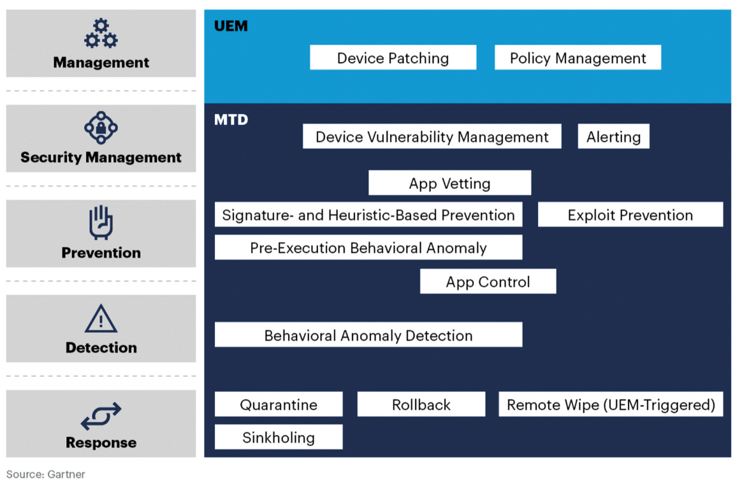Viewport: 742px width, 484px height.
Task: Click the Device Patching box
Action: [x=393, y=58]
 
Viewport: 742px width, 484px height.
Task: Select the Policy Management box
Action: [x=578, y=58]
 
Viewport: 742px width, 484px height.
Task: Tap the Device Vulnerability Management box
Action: [x=432, y=136]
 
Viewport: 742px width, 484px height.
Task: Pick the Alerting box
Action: [x=613, y=136]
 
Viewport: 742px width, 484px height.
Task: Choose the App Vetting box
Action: [x=449, y=183]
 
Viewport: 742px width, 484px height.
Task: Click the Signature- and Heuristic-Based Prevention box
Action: [x=368, y=215]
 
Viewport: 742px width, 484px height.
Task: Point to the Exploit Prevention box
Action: [x=630, y=215]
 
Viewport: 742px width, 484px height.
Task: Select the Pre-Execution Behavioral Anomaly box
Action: [x=368, y=247]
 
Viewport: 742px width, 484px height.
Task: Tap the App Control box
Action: [x=488, y=282]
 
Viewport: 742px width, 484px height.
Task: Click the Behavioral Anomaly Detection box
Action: [x=368, y=335]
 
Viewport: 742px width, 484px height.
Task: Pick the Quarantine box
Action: [x=278, y=404]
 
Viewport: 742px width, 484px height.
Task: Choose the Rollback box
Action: [x=421, y=404]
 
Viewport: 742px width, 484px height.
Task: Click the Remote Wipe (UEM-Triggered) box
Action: [x=610, y=404]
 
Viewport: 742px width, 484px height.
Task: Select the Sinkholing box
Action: [x=278, y=437]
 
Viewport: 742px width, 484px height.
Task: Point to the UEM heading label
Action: [x=231, y=26]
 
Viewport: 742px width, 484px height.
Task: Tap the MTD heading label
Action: [x=231, y=119]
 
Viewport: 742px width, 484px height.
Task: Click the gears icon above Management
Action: [x=101, y=34]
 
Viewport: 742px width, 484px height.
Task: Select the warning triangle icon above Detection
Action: [x=101, y=318]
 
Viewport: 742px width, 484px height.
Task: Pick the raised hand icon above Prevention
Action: [x=101, y=222]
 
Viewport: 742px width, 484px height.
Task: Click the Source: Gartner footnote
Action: [x=45, y=474]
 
